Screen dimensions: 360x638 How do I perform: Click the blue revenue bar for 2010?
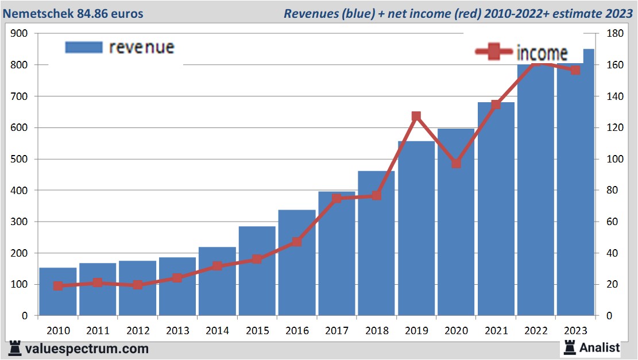[58, 299]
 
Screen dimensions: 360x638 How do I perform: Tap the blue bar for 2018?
[376, 253]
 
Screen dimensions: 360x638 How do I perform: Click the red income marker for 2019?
[416, 117]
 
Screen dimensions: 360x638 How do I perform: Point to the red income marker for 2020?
[456, 163]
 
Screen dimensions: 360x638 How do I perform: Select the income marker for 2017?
[337, 199]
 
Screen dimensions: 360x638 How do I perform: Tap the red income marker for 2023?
[575, 70]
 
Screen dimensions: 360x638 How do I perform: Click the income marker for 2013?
[177, 278]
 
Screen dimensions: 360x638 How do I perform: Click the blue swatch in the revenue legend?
[84, 47]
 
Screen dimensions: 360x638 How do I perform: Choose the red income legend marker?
[493, 52]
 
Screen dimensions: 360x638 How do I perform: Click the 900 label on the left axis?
[20, 34]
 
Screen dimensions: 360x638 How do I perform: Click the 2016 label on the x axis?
[297, 331]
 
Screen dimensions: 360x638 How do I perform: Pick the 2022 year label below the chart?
[535, 331]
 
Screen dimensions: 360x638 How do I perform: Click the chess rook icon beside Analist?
[570, 347]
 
